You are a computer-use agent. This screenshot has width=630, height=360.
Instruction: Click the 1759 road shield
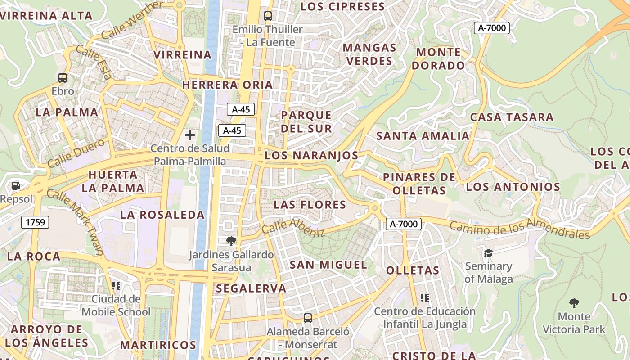(36, 222)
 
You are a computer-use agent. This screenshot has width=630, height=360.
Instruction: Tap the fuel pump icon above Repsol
(16, 185)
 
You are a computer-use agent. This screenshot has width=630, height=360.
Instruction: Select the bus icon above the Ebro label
(63, 77)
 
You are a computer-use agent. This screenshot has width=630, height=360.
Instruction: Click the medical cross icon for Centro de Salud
(190, 135)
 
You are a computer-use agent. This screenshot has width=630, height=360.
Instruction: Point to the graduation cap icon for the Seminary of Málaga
(488, 253)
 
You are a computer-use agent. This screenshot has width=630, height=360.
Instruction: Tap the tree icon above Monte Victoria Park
(574, 303)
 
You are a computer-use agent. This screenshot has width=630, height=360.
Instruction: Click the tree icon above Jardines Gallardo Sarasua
(231, 241)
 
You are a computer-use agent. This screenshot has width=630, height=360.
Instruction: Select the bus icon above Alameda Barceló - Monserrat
(308, 318)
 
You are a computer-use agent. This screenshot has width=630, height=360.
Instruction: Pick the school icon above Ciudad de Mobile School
(116, 285)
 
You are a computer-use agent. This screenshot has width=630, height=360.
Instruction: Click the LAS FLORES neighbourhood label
(310, 205)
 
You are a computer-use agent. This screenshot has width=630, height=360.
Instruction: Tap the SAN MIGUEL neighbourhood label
(328, 265)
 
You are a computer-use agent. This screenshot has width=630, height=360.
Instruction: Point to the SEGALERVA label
(251, 288)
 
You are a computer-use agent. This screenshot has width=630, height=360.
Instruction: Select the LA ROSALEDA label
(162, 215)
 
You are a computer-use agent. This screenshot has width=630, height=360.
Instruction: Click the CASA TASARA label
(512, 117)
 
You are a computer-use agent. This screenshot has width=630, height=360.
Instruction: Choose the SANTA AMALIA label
(423, 136)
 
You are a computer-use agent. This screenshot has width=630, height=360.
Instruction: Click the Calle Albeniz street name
(293, 227)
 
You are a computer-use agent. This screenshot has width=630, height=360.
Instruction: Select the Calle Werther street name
(132, 20)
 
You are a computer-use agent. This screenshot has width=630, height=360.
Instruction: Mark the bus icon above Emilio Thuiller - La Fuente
(268, 16)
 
